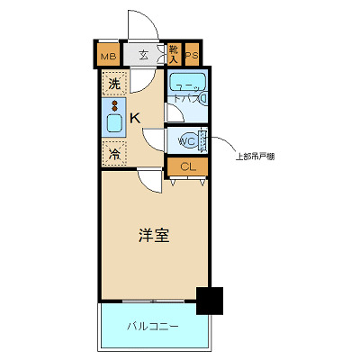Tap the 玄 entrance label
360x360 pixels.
144,56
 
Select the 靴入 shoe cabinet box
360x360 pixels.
173,56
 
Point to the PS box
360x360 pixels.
192,56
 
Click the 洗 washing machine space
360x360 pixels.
114,85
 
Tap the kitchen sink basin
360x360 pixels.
114,123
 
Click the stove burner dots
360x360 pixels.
114,105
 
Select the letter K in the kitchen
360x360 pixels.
134,117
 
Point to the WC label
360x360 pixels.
186,141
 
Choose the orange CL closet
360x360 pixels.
187,166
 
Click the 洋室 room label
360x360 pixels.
153,236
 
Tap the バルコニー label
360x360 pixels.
152,325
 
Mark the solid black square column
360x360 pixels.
210,301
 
